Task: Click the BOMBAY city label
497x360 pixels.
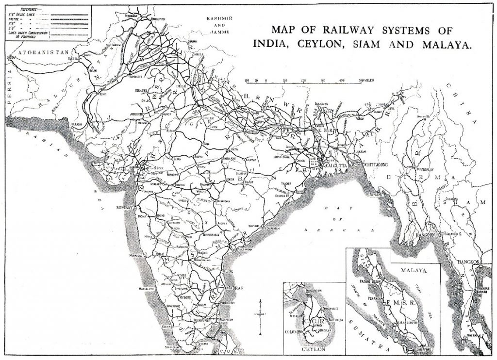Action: [124, 207]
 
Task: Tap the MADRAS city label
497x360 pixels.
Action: [232, 288]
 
